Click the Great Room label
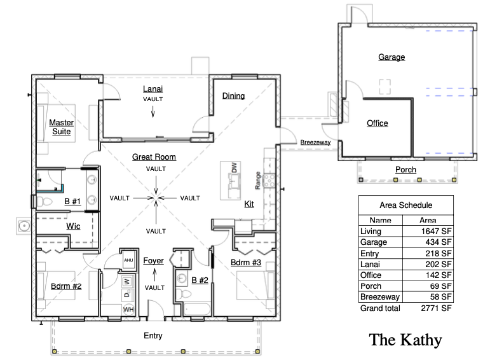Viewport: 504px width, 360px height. click(x=154, y=157)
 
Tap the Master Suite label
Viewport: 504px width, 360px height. click(x=62, y=127)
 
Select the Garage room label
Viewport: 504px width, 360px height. click(x=392, y=57)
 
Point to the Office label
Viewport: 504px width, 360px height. click(x=378, y=123)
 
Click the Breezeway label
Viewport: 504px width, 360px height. click(x=315, y=142)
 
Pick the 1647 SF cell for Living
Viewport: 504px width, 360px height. click(x=436, y=232)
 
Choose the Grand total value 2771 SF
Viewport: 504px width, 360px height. click(x=436, y=308)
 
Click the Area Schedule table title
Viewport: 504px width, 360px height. click(x=406, y=205)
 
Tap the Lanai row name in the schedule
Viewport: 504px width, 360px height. click(x=370, y=265)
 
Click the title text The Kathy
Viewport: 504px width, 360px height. click(x=405, y=340)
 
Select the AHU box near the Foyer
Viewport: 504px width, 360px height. click(x=128, y=260)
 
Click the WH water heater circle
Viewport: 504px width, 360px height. click(x=128, y=310)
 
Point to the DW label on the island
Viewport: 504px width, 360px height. click(x=235, y=167)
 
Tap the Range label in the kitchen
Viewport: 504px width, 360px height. click(x=257, y=181)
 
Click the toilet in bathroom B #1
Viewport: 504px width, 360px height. click(x=44, y=202)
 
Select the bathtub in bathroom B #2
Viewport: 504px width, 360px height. click(x=197, y=309)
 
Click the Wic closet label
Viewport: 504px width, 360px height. click(x=73, y=226)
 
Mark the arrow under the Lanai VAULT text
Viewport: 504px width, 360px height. click(x=153, y=111)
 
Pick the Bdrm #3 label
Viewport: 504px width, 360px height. click(x=246, y=263)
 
